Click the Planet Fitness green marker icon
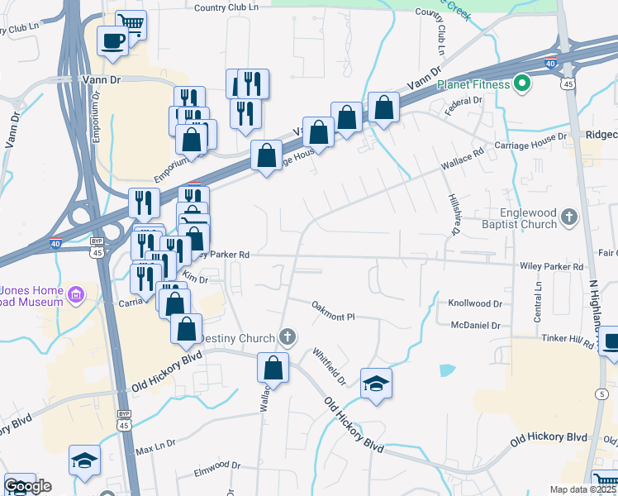click(522, 83)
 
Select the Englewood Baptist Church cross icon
click(568, 217)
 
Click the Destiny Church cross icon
click(287, 336)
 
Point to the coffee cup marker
click(112, 41)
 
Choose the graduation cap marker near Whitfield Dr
click(376, 384)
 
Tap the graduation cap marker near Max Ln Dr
click(84, 460)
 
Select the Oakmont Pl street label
click(333, 311)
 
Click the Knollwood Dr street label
click(475, 304)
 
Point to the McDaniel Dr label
click(476, 326)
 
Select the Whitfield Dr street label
click(330, 365)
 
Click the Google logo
click(26, 486)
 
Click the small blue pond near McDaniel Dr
click(447, 370)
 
